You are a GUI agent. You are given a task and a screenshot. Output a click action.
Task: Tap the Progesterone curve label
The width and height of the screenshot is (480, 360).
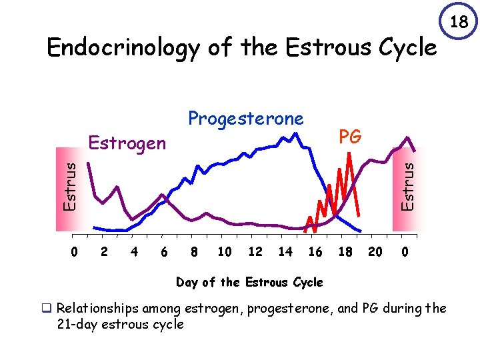(245, 119)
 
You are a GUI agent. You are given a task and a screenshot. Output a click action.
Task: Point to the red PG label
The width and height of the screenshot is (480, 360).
(349, 137)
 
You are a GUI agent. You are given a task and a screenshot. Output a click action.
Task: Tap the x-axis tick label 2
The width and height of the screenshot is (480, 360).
(103, 252)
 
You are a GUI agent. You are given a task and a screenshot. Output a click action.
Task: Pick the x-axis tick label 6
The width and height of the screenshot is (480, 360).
(164, 252)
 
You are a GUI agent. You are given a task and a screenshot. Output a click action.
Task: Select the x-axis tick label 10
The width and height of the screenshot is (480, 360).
(225, 252)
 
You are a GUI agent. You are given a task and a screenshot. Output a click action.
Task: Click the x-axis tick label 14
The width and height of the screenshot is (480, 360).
(285, 252)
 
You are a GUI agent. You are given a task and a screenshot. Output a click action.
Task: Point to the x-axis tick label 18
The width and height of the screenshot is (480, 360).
(345, 252)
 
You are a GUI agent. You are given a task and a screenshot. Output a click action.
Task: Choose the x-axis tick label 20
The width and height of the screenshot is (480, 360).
(375, 252)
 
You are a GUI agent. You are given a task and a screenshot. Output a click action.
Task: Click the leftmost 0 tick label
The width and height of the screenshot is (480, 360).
(74, 252)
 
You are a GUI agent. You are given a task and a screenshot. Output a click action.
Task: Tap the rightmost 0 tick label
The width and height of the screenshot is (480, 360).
(405, 252)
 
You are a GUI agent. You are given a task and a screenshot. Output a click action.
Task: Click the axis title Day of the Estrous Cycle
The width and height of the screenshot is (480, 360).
(249, 282)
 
